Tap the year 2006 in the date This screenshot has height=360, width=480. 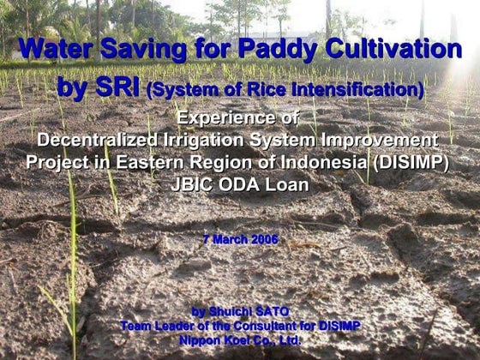[x=264, y=239]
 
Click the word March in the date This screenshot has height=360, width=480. [x=231, y=239]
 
